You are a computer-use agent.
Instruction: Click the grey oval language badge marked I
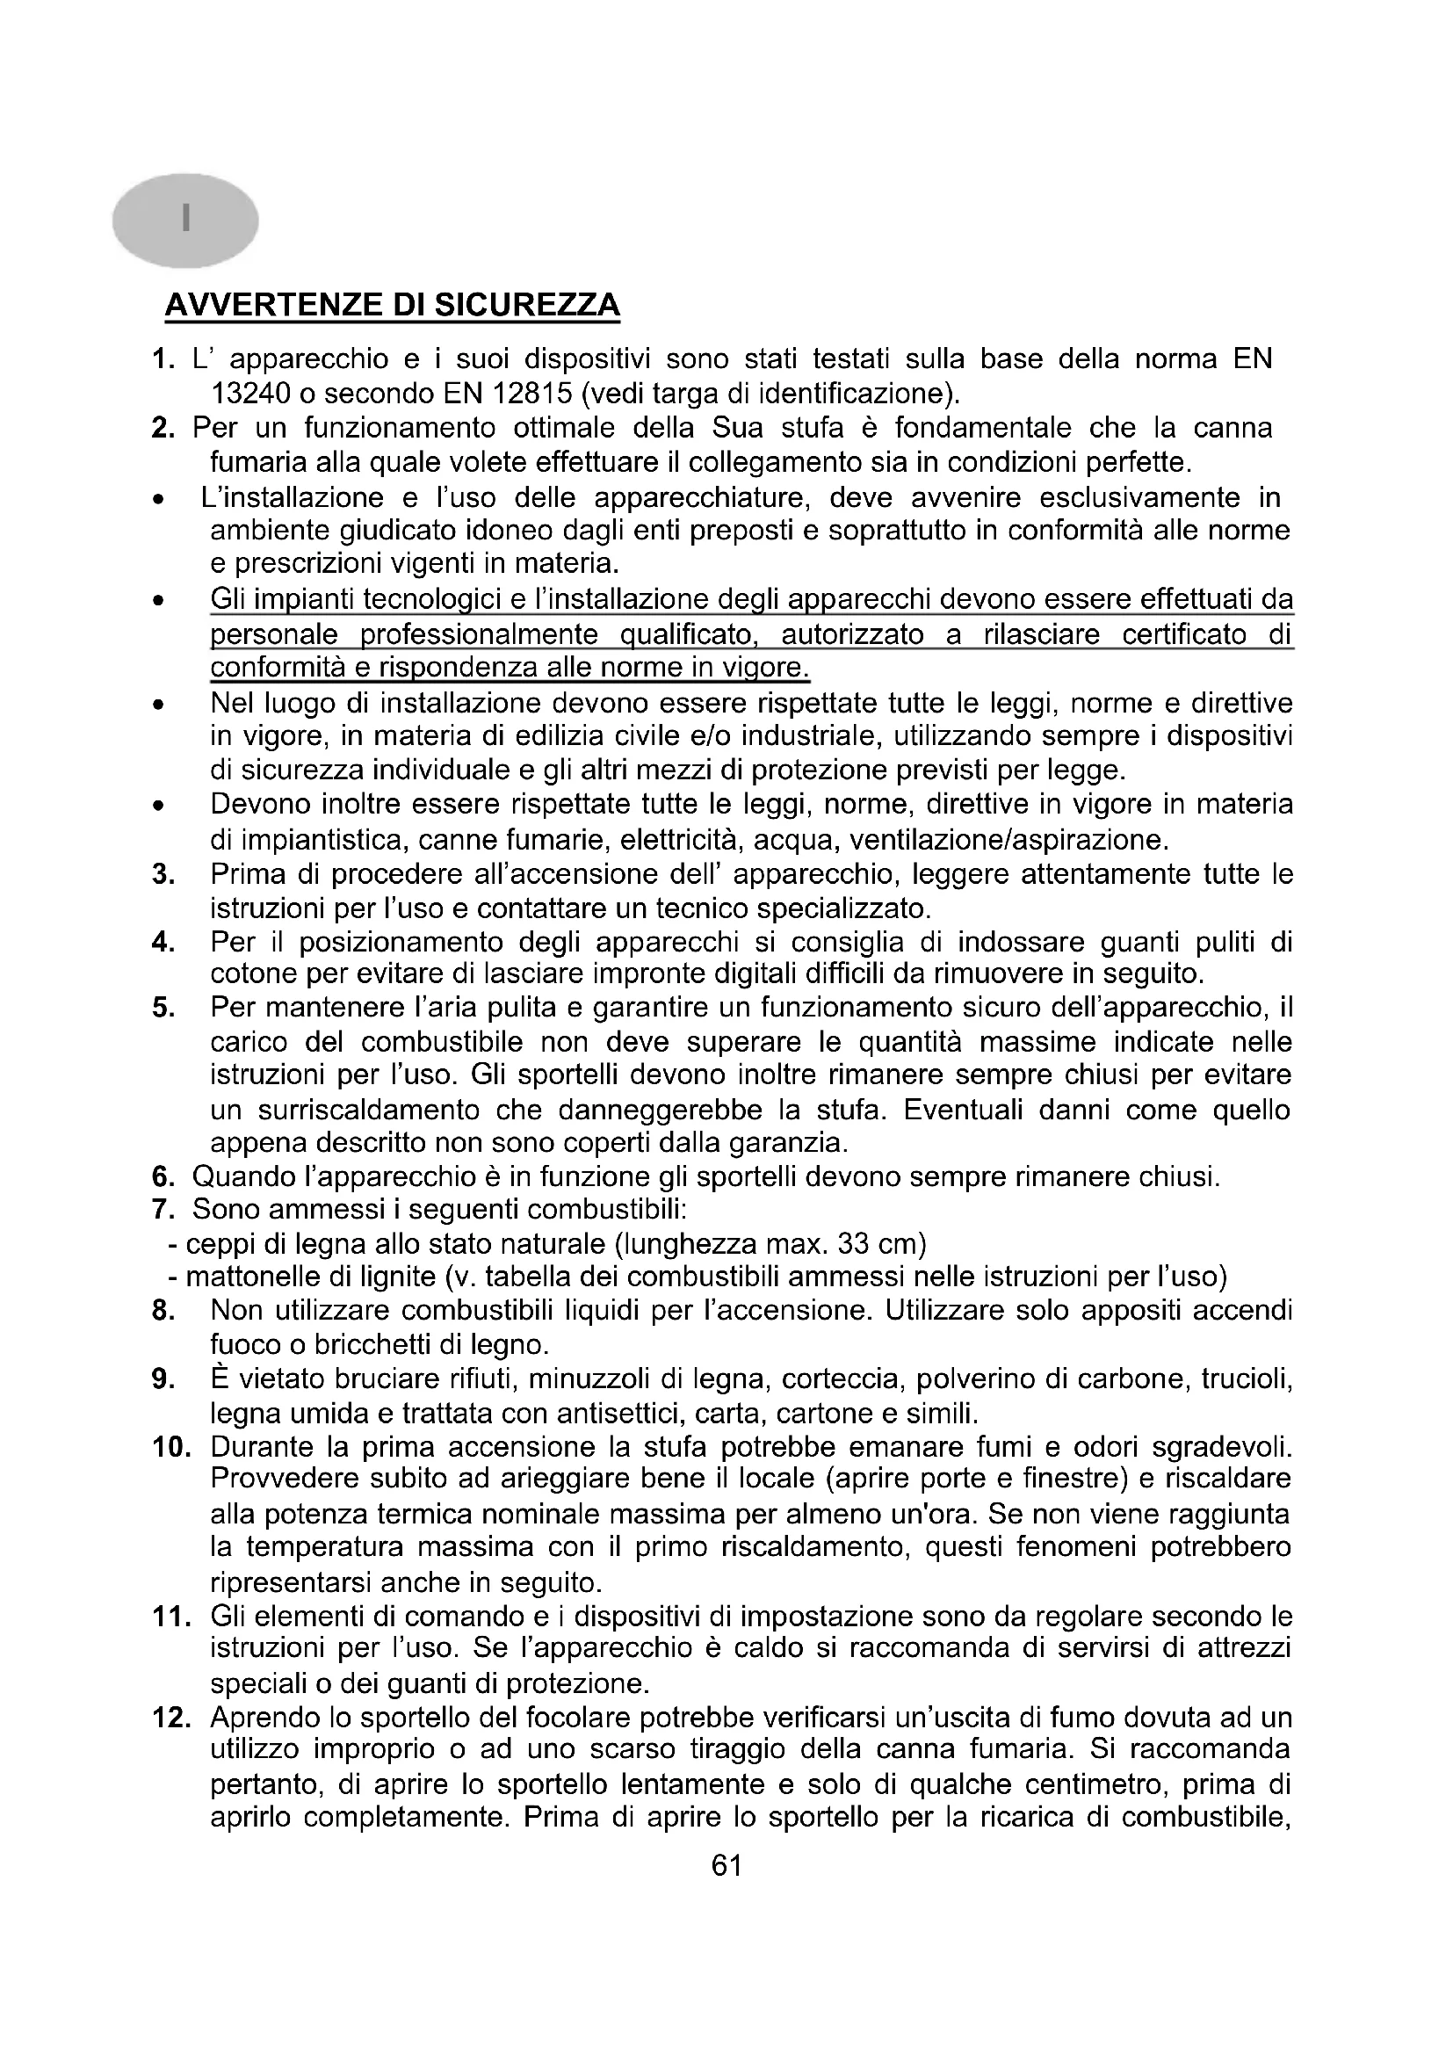[x=185, y=220]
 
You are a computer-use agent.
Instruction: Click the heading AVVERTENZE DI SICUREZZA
[x=392, y=305]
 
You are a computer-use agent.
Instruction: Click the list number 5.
[x=163, y=1008]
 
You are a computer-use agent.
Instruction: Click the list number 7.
[x=162, y=1209]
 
